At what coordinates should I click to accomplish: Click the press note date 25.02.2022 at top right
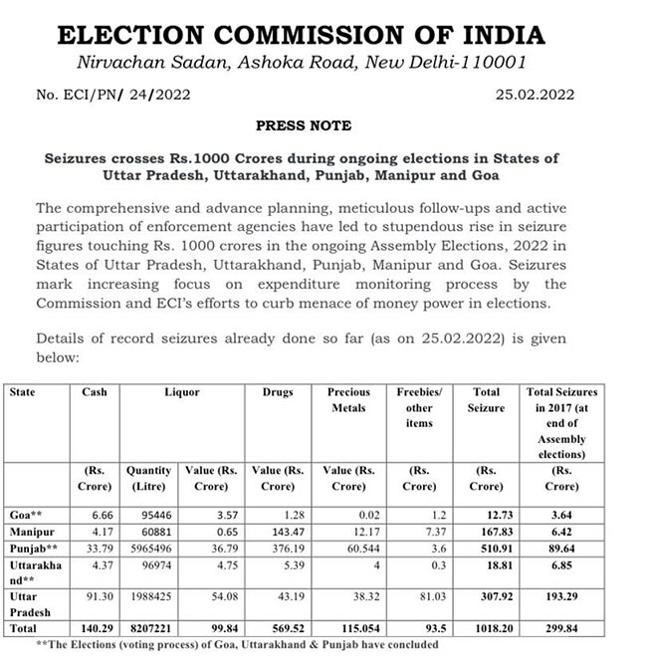[535, 96]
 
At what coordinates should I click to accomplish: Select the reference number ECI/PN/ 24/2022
[112, 96]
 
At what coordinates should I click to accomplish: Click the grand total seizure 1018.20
[486, 630]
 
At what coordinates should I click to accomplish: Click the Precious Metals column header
[348, 399]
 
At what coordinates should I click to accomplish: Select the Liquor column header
[181, 392]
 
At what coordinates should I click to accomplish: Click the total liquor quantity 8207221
[148, 630]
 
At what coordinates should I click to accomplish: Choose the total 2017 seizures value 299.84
[561, 630]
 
